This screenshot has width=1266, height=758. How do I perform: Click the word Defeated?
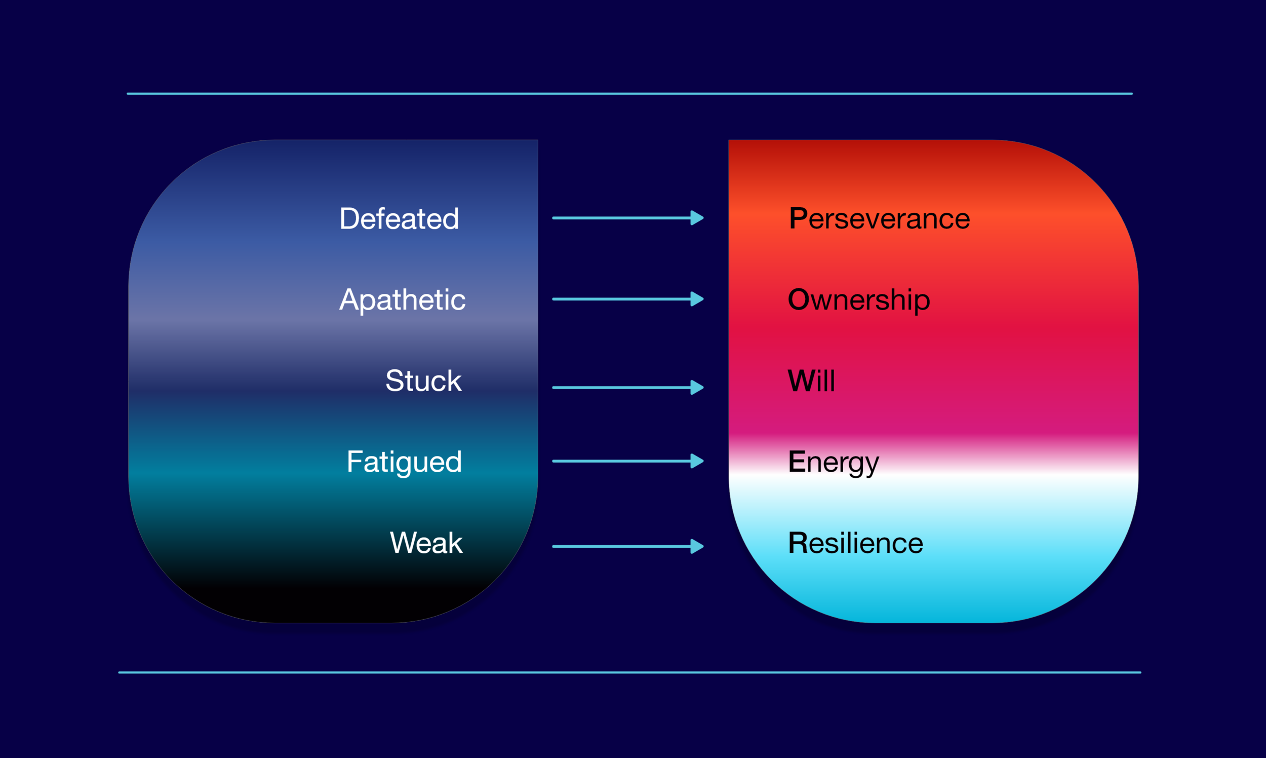point(399,218)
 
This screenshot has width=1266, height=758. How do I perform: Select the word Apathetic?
point(402,299)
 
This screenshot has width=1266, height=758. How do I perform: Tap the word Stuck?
point(423,381)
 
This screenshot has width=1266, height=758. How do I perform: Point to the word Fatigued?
point(404,462)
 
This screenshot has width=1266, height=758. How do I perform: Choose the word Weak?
point(426,543)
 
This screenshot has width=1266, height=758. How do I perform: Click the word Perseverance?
point(879,218)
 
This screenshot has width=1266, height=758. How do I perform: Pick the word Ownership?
point(859,299)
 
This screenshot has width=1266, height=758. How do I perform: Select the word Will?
point(811,381)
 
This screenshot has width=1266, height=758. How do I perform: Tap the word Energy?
point(833,462)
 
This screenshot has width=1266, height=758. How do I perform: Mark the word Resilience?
point(856,543)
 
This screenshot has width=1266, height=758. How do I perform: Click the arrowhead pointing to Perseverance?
point(697,218)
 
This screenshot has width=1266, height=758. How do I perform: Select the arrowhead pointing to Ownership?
point(697,299)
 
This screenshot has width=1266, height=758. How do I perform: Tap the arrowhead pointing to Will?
point(697,387)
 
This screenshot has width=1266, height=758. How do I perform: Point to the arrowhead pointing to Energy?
point(697,461)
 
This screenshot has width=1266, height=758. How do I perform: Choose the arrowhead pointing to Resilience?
point(697,547)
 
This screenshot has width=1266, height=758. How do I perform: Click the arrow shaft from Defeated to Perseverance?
point(620,218)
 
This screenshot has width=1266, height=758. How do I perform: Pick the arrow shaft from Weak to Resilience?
point(620,547)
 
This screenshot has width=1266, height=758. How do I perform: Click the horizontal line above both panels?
point(629,93)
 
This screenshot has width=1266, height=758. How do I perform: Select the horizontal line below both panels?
point(629,673)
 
